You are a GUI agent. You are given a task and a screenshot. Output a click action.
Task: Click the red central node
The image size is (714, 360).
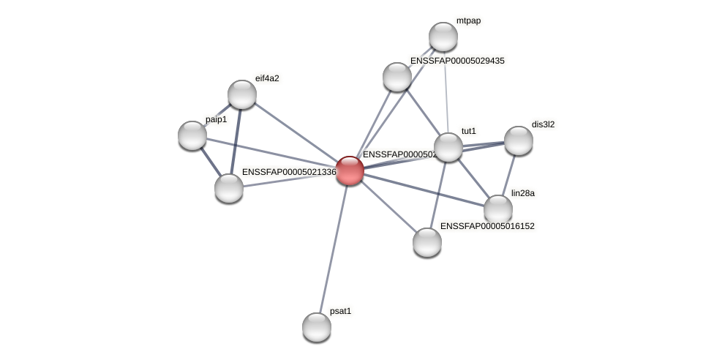350,170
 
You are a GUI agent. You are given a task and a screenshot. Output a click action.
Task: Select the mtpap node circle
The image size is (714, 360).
443,37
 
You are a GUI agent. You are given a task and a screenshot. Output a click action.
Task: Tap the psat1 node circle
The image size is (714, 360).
317,326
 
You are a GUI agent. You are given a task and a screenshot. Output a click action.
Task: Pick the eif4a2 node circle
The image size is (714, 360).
242,94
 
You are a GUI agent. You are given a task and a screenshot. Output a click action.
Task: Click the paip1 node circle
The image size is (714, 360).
192,135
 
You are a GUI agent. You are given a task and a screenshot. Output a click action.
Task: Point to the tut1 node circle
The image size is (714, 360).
448,147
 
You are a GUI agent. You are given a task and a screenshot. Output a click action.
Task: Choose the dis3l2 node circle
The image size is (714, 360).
518,140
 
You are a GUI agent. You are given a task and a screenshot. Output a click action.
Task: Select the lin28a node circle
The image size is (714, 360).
497,209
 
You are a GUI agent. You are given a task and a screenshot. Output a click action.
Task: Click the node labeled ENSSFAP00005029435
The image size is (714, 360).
397,77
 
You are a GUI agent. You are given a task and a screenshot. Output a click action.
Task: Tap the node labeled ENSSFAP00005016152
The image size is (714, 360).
427,241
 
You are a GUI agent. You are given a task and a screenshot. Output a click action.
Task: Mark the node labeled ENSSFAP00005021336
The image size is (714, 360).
229,188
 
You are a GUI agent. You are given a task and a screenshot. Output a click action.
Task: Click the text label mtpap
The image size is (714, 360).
468,20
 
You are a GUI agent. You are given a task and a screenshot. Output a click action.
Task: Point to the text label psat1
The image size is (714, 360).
340,311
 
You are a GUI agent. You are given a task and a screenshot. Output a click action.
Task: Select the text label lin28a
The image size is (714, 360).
522,193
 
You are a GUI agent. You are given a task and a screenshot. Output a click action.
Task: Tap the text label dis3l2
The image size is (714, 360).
543,124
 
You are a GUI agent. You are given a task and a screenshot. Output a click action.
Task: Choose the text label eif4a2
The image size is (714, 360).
267,78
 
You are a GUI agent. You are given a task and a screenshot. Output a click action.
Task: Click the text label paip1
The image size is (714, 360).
216,119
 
